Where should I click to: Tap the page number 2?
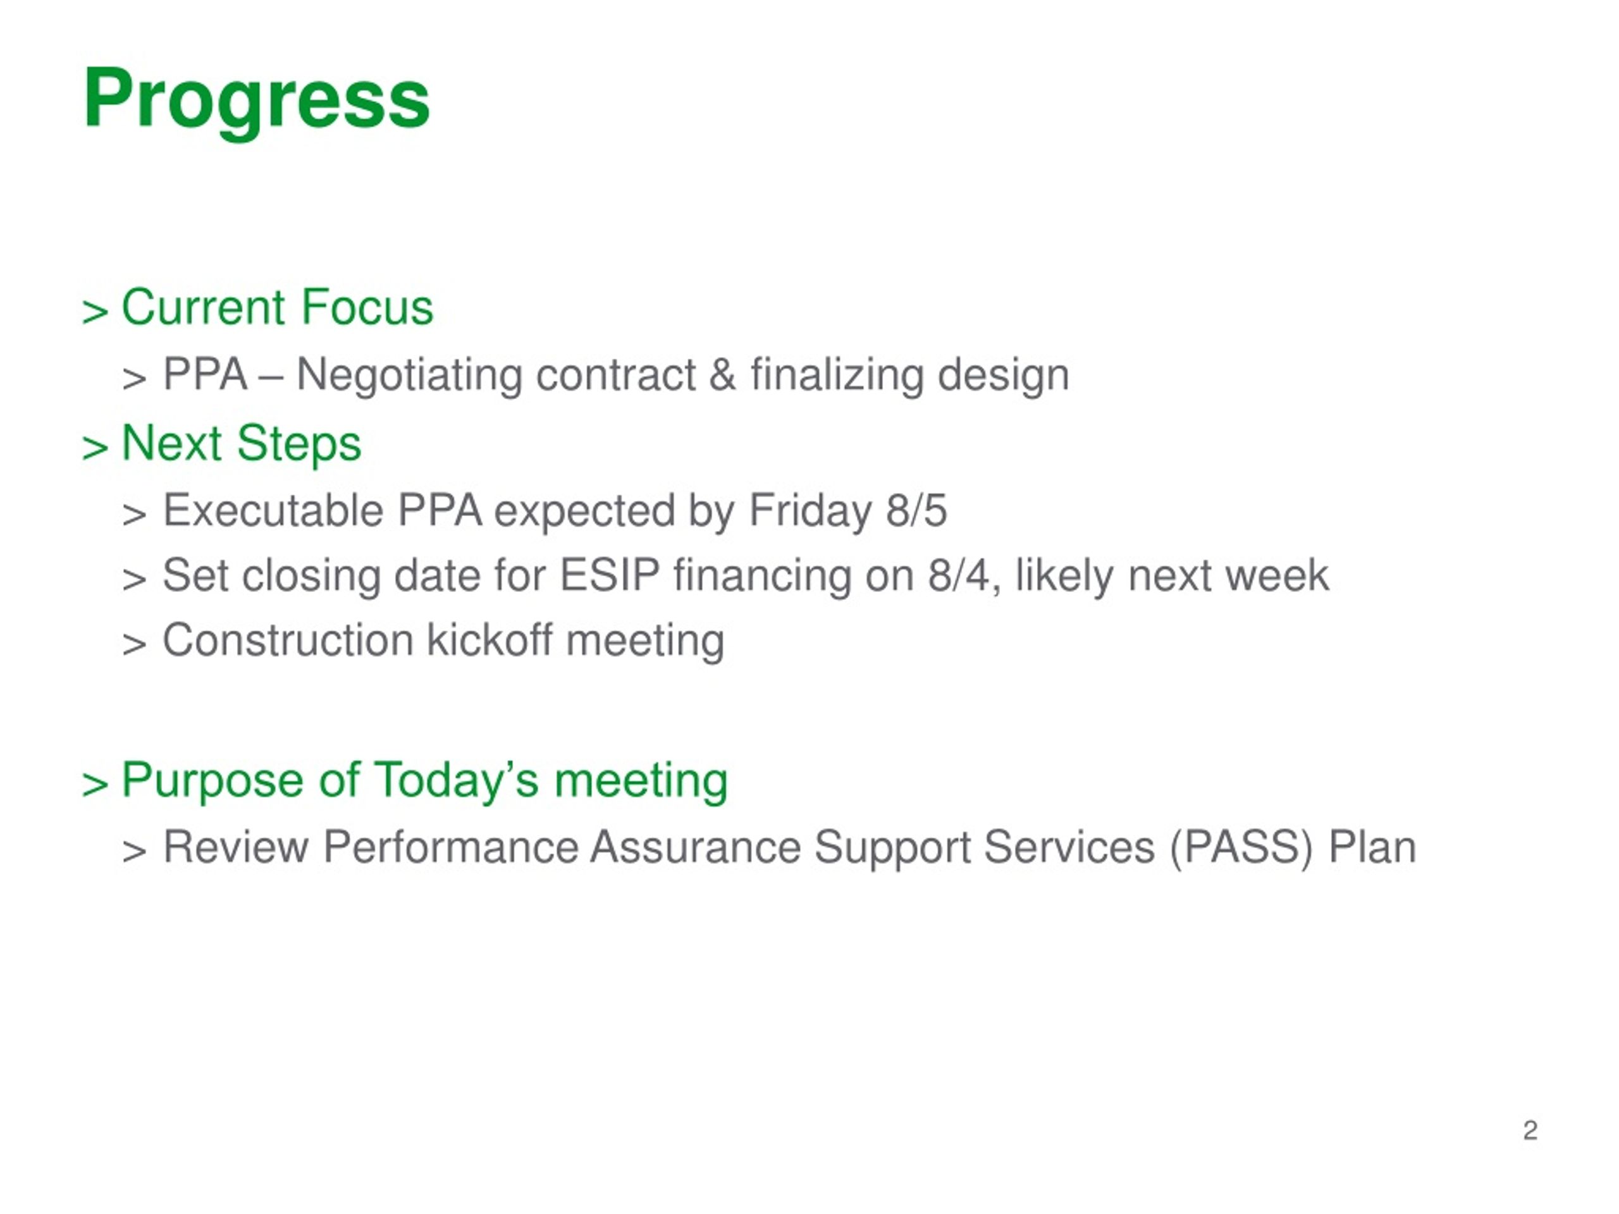1530,1131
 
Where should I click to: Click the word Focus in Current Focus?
367,307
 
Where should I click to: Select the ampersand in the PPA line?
722,375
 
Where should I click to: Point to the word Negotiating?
409,377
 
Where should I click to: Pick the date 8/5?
916,511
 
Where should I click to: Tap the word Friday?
809,512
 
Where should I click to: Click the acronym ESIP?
610,575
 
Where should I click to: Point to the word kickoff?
489,641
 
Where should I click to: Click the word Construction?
288,641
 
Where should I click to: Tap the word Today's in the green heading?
457,781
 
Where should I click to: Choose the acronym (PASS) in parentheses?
1241,848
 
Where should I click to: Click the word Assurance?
695,847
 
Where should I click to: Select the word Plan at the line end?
1372,847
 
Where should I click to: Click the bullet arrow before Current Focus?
95,312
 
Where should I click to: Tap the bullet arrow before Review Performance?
135,852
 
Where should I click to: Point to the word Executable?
273,511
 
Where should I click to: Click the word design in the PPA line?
1004,377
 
